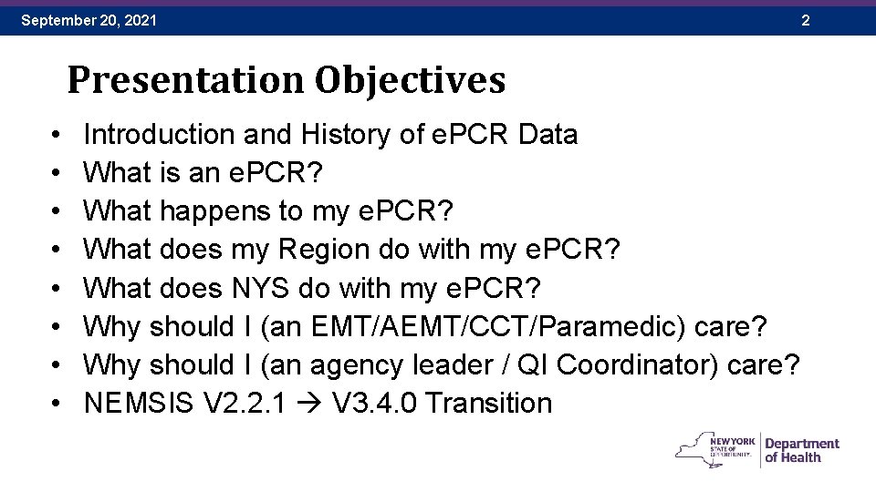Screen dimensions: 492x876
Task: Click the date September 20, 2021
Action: [x=89, y=19]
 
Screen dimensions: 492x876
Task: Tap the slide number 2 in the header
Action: [x=805, y=19]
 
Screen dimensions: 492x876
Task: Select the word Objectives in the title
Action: [x=410, y=80]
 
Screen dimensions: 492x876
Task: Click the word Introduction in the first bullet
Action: [x=159, y=135]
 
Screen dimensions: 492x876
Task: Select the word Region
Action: [x=326, y=250]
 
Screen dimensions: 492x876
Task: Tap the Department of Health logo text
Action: [x=801, y=450]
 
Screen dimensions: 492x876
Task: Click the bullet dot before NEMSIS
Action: [x=57, y=404]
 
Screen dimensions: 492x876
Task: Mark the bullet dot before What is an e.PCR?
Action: [x=57, y=173]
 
